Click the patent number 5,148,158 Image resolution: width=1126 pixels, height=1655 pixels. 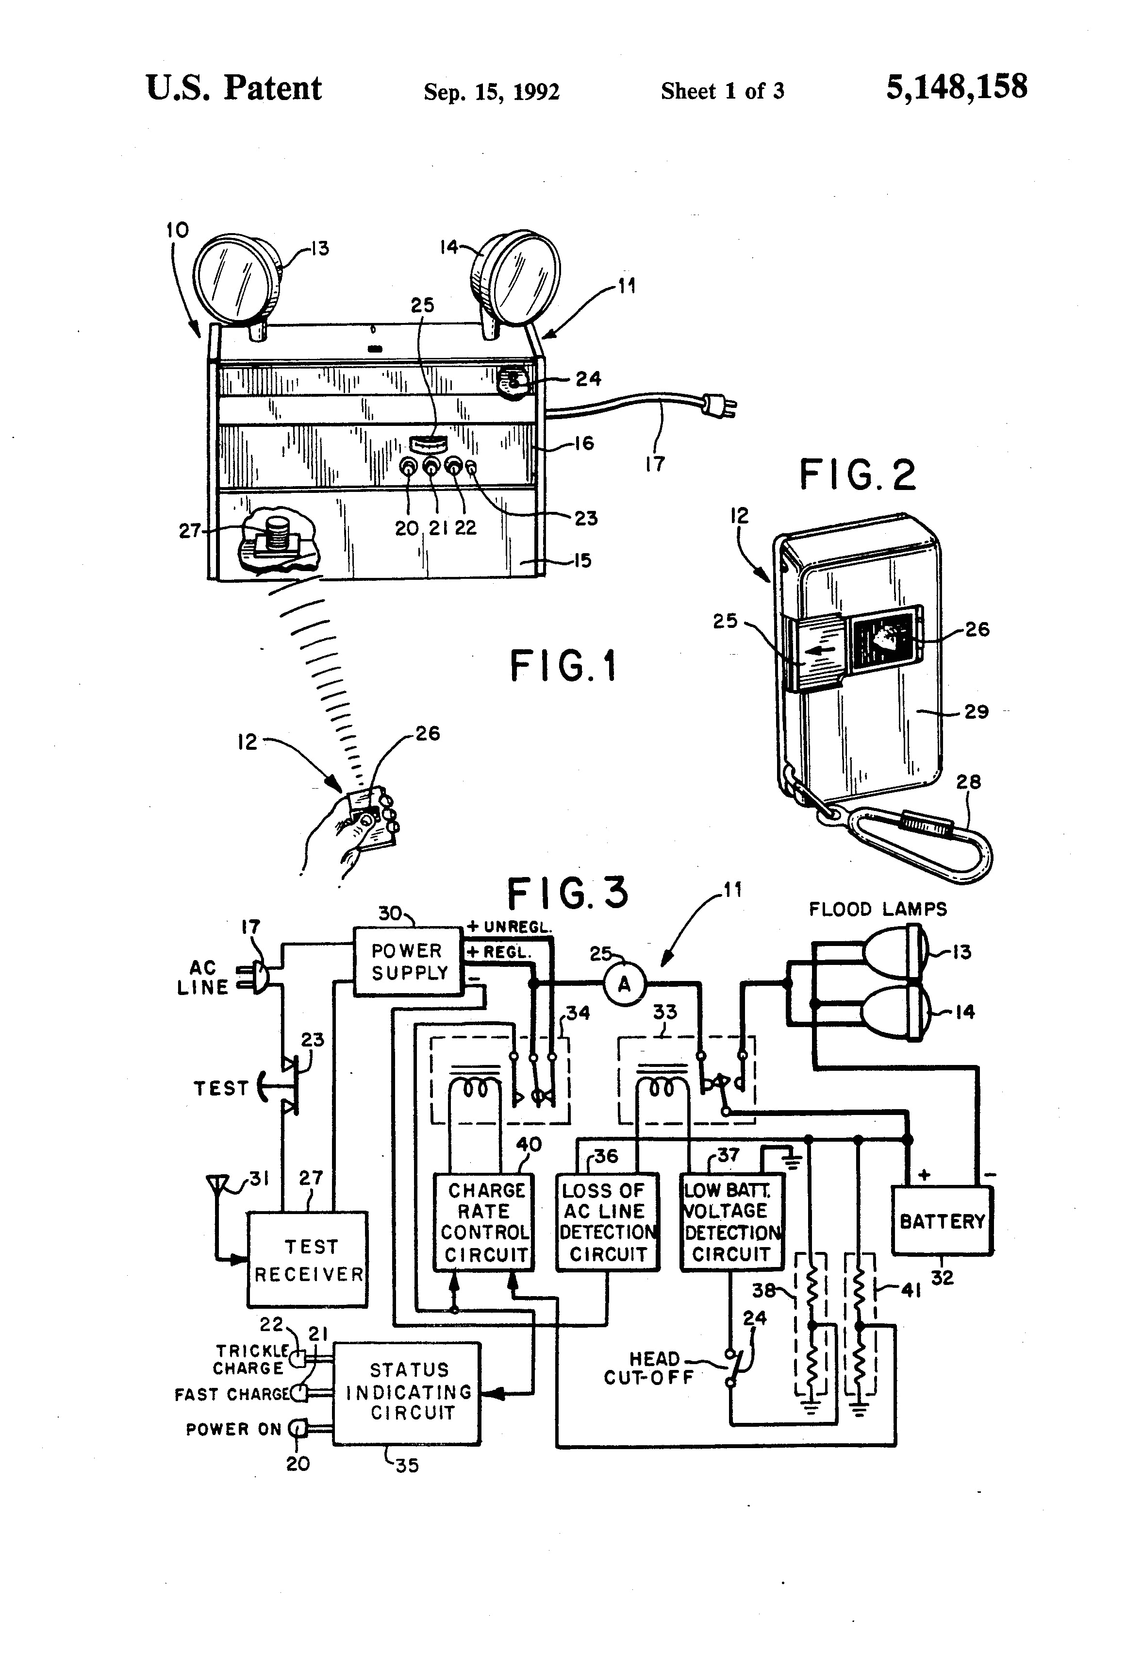click(956, 87)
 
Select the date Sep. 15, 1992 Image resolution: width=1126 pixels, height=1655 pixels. click(491, 92)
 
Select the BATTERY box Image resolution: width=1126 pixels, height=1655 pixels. click(942, 1220)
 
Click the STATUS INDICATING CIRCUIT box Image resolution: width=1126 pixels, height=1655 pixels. click(408, 1392)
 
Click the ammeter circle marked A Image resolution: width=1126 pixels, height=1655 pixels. click(624, 984)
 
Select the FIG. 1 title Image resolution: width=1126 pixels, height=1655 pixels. click(563, 667)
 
